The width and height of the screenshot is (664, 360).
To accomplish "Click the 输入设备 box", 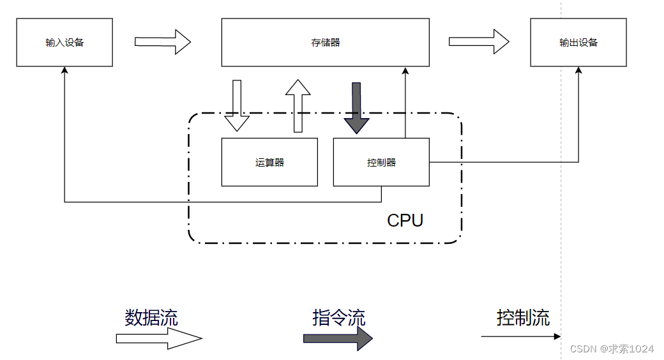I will pyautogui.click(x=64, y=43).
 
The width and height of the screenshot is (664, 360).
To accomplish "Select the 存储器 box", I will pyautogui.click(x=325, y=43).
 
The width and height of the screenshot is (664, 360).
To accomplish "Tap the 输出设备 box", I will pyautogui.click(x=578, y=43).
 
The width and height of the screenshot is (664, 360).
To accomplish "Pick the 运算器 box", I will pyautogui.click(x=269, y=162).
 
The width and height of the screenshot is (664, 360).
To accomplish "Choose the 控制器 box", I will pyautogui.click(x=381, y=162).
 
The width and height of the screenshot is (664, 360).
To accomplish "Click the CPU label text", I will pyautogui.click(x=405, y=221).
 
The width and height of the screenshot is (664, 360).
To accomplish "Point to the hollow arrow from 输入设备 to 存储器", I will pyautogui.click(x=162, y=42).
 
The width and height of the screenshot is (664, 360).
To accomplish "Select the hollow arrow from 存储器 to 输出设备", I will pyautogui.click(x=478, y=42).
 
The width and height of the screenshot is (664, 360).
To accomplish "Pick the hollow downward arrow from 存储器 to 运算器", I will pyautogui.click(x=237, y=105).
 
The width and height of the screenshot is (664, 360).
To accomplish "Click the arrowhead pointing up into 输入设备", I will pyautogui.click(x=64, y=71).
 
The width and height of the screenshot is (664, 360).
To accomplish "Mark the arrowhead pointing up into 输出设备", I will pyautogui.click(x=578, y=71).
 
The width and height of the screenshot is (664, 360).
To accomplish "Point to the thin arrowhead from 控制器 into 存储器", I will pyautogui.click(x=405, y=71).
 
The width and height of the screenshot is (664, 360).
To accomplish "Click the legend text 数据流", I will pyautogui.click(x=151, y=317).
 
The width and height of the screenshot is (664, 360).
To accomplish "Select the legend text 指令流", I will pyautogui.click(x=338, y=317).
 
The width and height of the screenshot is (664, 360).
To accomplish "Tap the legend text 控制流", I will pyautogui.click(x=523, y=317).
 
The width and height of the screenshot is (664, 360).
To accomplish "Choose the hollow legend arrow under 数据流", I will pyautogui.click(x=158, y=338).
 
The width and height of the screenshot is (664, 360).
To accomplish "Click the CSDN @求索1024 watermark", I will pyautogui.click(x=612, y=349).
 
